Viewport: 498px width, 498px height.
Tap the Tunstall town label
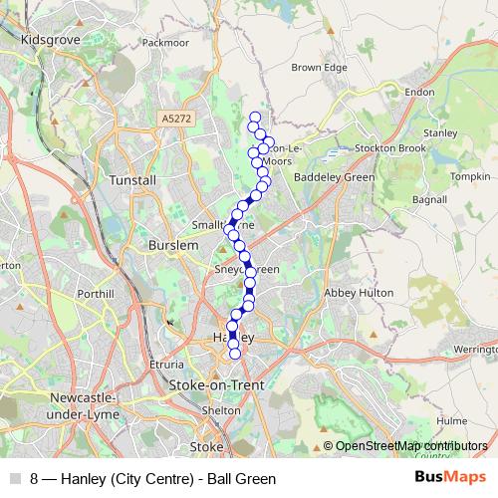point(133,180)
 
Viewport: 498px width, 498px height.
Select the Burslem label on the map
point(165,244)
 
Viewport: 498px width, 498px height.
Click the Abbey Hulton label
point(355,293)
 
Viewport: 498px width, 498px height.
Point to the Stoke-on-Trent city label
point(215,383)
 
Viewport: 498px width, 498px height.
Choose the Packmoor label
point(165,43)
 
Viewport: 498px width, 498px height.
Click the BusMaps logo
point(450,477)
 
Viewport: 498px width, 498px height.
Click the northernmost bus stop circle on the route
point(255,118)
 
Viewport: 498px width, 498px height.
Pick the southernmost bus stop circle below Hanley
point(235,353)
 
